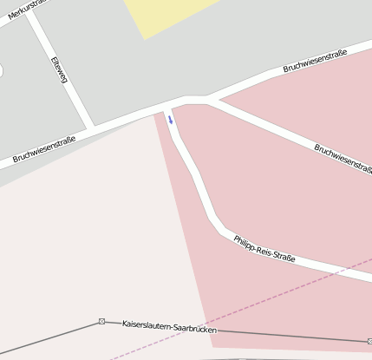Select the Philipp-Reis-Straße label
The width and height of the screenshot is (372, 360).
click(264, 248)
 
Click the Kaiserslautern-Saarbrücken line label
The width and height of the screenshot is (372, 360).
click(168, 327)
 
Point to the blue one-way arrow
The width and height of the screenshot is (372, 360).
click(171, 120)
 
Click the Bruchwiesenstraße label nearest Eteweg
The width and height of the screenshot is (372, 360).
click(44, 148)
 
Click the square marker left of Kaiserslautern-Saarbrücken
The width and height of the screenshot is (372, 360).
click(102, 321)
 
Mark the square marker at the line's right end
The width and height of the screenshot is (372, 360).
click(369, 342)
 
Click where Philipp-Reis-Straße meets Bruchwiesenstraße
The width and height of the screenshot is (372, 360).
click(171, 106)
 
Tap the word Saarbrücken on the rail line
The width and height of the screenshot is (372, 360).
click(193, 329)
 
